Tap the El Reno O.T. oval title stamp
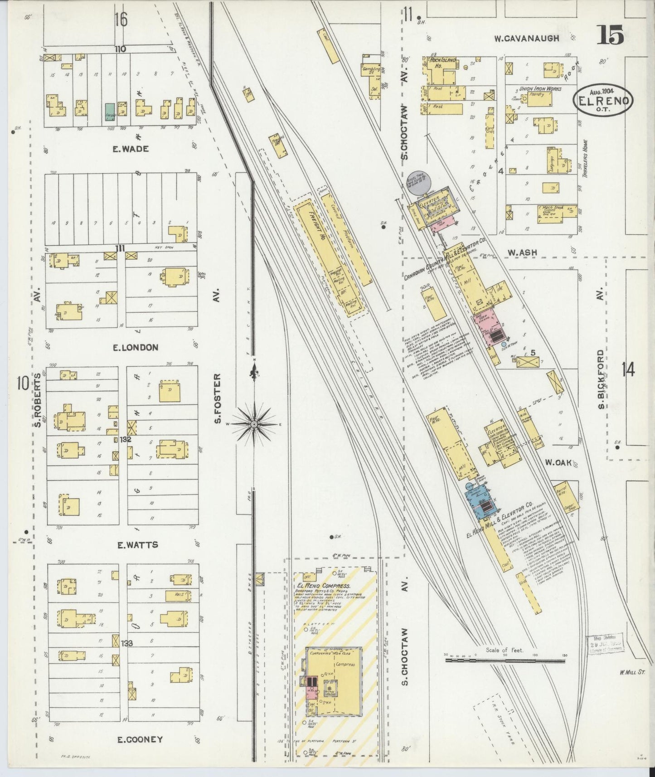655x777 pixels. [603, 101]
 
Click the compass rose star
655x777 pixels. [254, 423]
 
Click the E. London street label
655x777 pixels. [135, 348]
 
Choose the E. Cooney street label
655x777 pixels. [140, 739]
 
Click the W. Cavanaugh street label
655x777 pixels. [526, 39]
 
